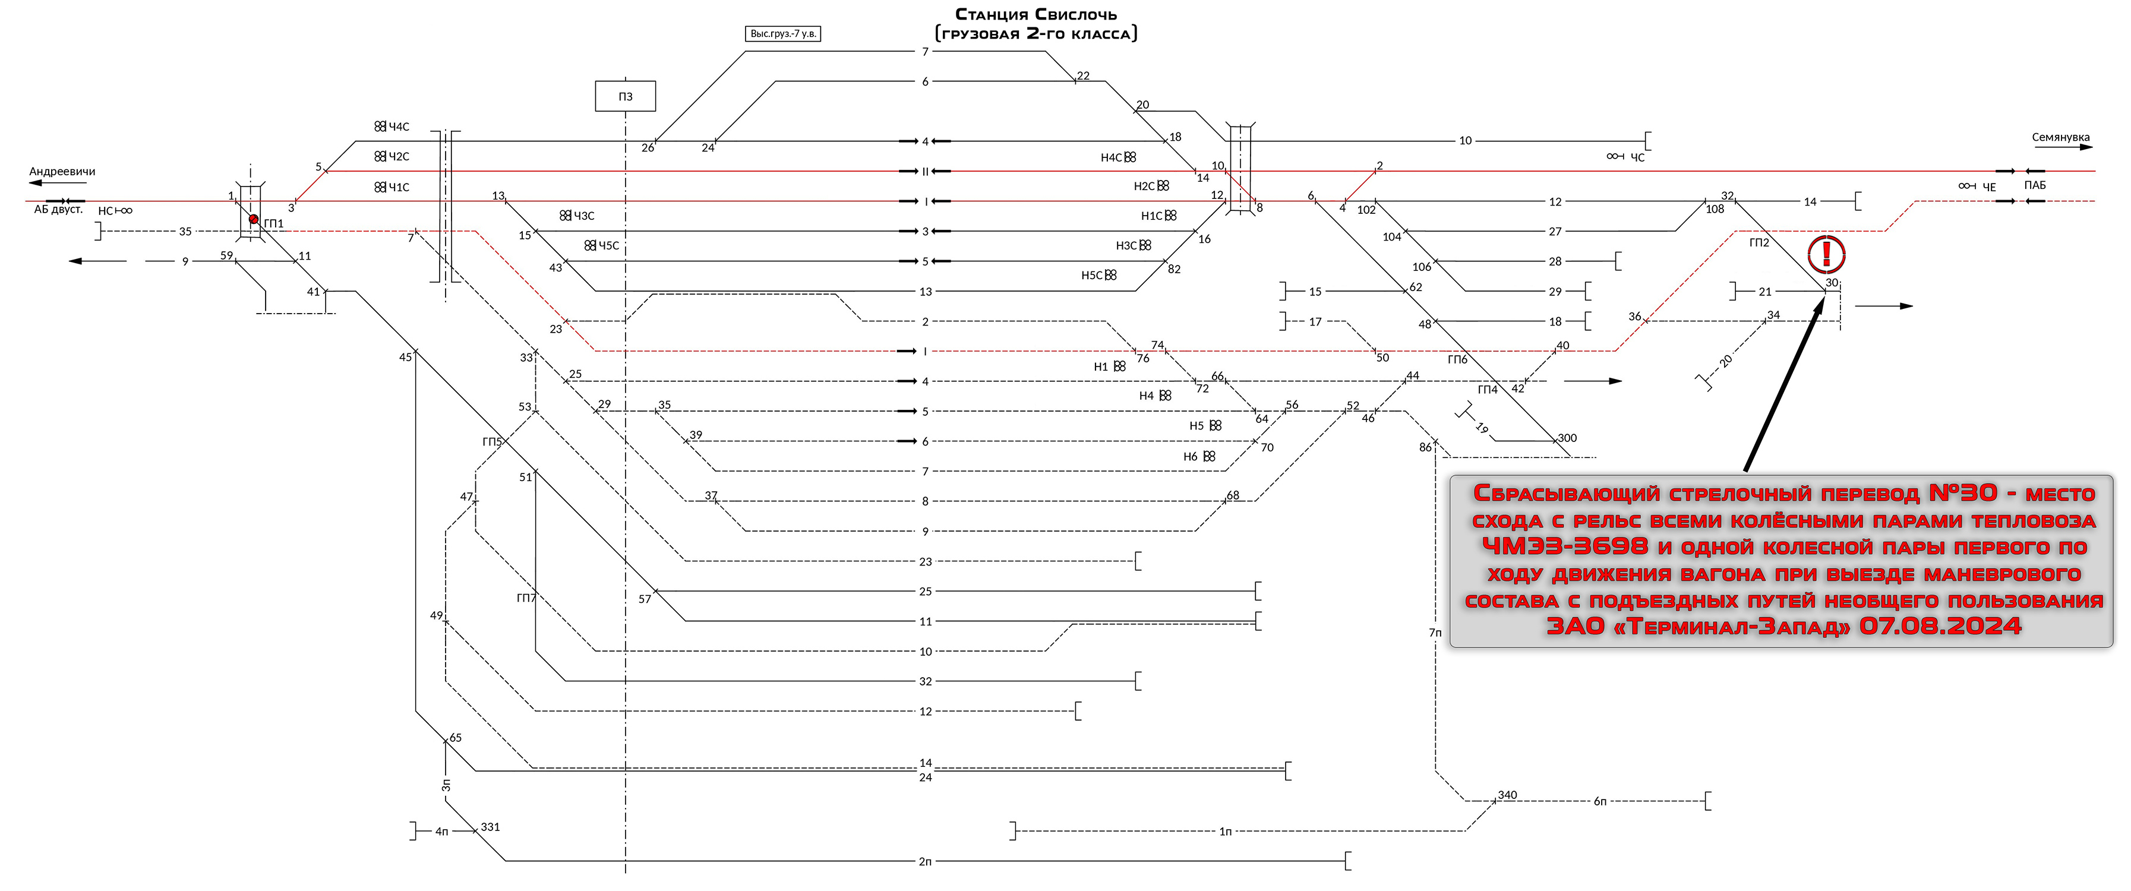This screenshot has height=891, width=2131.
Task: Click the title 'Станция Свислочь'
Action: pos(1035,15)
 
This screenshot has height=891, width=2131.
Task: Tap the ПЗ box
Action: pos(626,97)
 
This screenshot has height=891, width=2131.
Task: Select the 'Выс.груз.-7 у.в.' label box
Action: pos(782,34)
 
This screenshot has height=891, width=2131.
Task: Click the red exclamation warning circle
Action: pos(1826,254)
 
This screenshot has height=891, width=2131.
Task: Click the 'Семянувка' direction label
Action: pos(2061,137)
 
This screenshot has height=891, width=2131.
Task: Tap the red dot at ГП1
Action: pos(253,219)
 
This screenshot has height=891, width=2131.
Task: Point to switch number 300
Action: pos(1567,438)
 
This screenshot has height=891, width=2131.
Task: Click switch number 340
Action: pos(1507,795)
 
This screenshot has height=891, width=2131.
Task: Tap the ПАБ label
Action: pos(2035,185)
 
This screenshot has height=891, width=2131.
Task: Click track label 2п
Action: pos(925,862)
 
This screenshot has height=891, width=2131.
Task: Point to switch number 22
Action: pos(1084,76)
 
